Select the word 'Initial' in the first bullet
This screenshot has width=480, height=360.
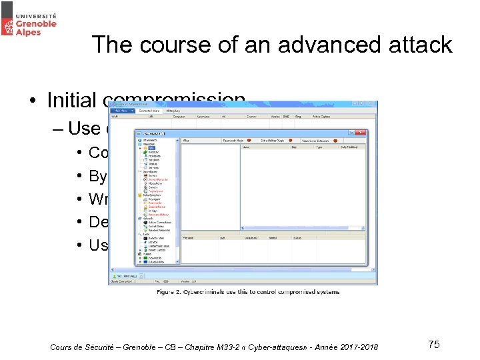(72, 101)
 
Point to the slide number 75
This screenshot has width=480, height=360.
(433, 344)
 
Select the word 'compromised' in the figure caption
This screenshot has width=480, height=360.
(290, 291)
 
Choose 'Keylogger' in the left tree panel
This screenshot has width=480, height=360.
(153, 199)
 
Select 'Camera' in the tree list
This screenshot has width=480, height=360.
(151, 187)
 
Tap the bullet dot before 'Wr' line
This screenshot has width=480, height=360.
(79, 199)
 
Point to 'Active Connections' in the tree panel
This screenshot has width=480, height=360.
(159, 222)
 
